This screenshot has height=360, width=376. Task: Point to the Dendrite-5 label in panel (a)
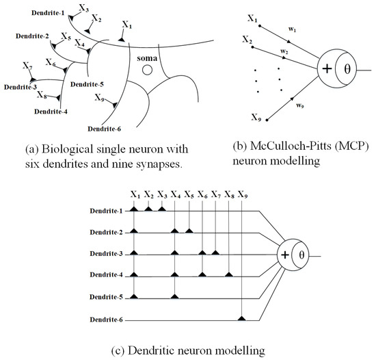point(88,84)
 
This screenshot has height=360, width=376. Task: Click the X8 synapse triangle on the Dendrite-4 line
point(228,274)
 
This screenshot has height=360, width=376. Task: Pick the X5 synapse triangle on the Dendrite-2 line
point(189,231)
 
